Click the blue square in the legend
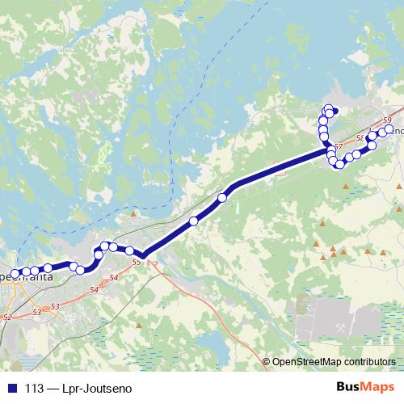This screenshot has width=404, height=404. coord(14,388)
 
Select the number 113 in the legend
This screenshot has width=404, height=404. coord(35,388)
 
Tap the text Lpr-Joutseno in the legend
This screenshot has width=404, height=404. coord(102,388)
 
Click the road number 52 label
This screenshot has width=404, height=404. coord(7,318)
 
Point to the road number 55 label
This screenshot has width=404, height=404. coord(135,262)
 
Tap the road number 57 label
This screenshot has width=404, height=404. coord(339,146)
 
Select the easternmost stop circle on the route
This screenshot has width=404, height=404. coord(389,129)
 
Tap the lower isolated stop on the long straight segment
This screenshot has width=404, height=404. coord(193,220)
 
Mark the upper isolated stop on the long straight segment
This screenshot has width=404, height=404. coord(222,197)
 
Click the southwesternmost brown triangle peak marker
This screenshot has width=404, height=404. coord(139,326)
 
